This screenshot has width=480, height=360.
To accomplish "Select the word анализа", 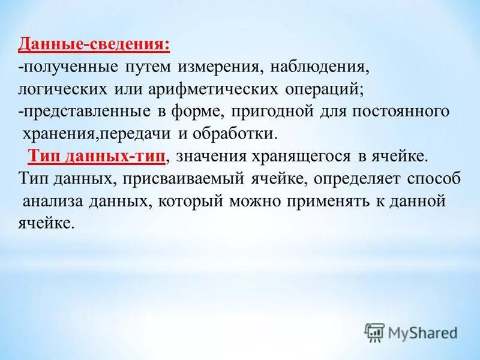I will [50, 201].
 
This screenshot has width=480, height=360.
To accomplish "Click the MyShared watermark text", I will [422, 332].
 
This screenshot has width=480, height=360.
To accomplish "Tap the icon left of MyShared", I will [374, 332].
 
